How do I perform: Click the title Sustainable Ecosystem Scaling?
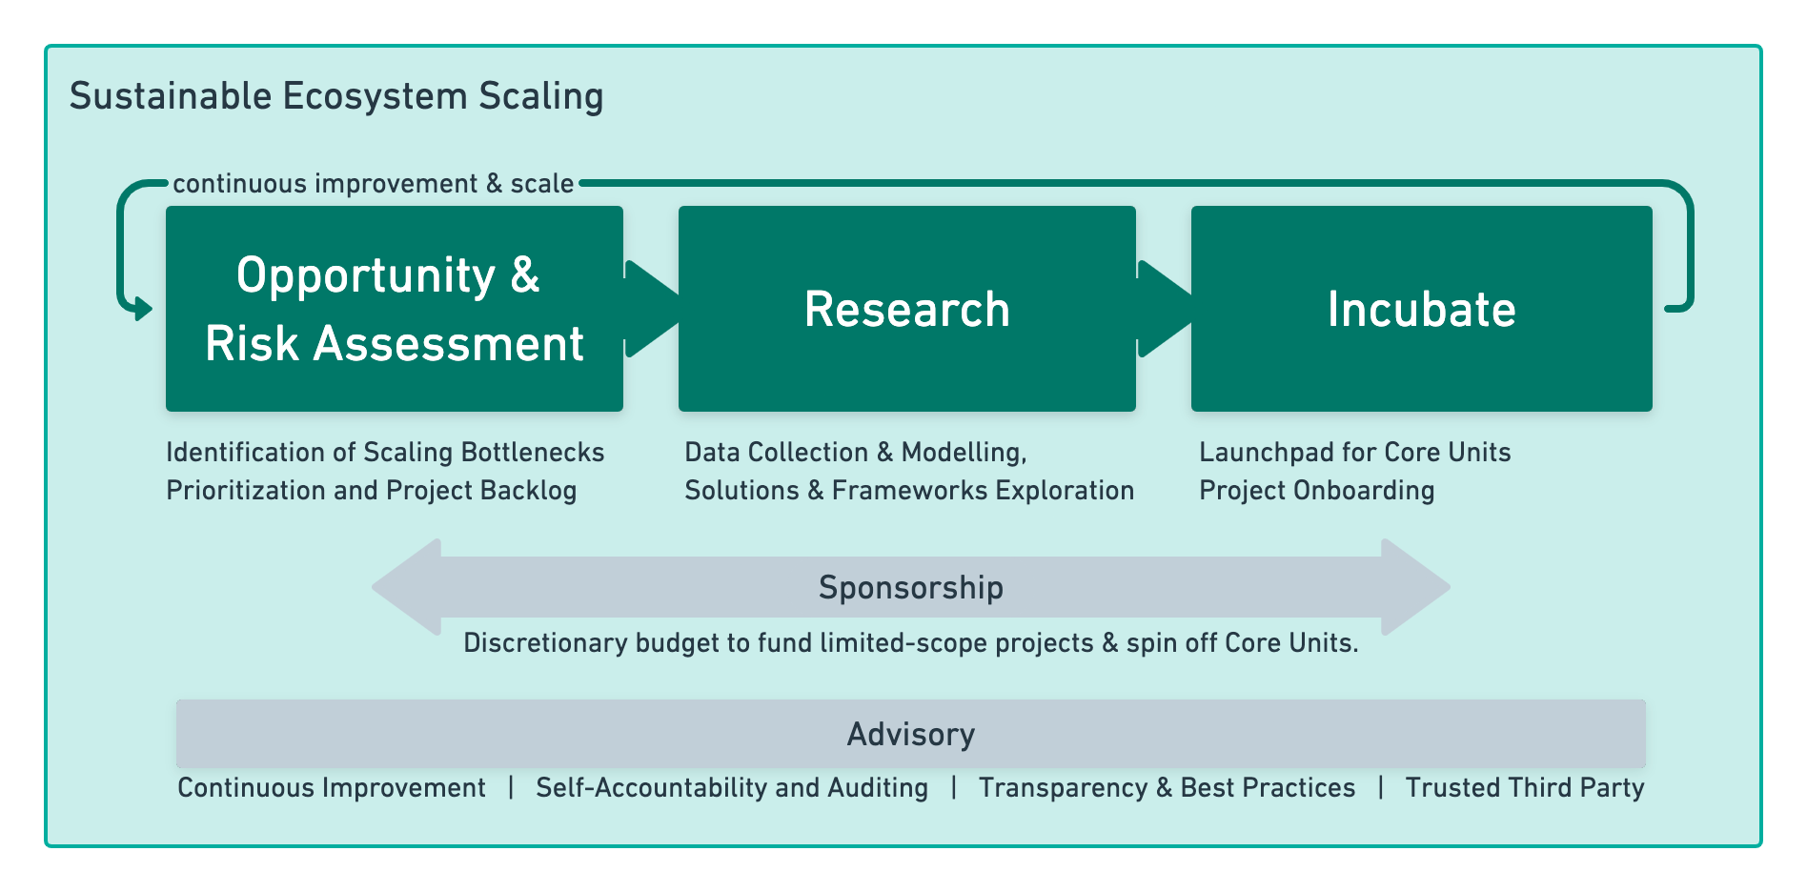(336, 97)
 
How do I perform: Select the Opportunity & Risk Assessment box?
(395, 309)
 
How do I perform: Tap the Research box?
(907, 309)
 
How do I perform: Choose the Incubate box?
(1422, 309)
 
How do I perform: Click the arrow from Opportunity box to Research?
(651, 309)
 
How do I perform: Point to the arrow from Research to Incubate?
(1164, 309)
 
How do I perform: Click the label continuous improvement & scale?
(374, 183)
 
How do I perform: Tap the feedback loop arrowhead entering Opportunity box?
(143, 309)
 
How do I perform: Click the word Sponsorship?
(911, 587)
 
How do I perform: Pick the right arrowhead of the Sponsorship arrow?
(1416, 587)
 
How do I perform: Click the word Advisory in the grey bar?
(911, 734)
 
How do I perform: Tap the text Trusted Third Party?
(1525, 787)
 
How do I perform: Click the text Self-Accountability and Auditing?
(732, 787)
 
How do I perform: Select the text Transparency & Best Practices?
(1167, 787)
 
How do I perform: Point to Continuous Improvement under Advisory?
(332, 787)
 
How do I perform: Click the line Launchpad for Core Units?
(1355, 452)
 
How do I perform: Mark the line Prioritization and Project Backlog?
(372, 490)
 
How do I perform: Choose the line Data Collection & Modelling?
(856, 452)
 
